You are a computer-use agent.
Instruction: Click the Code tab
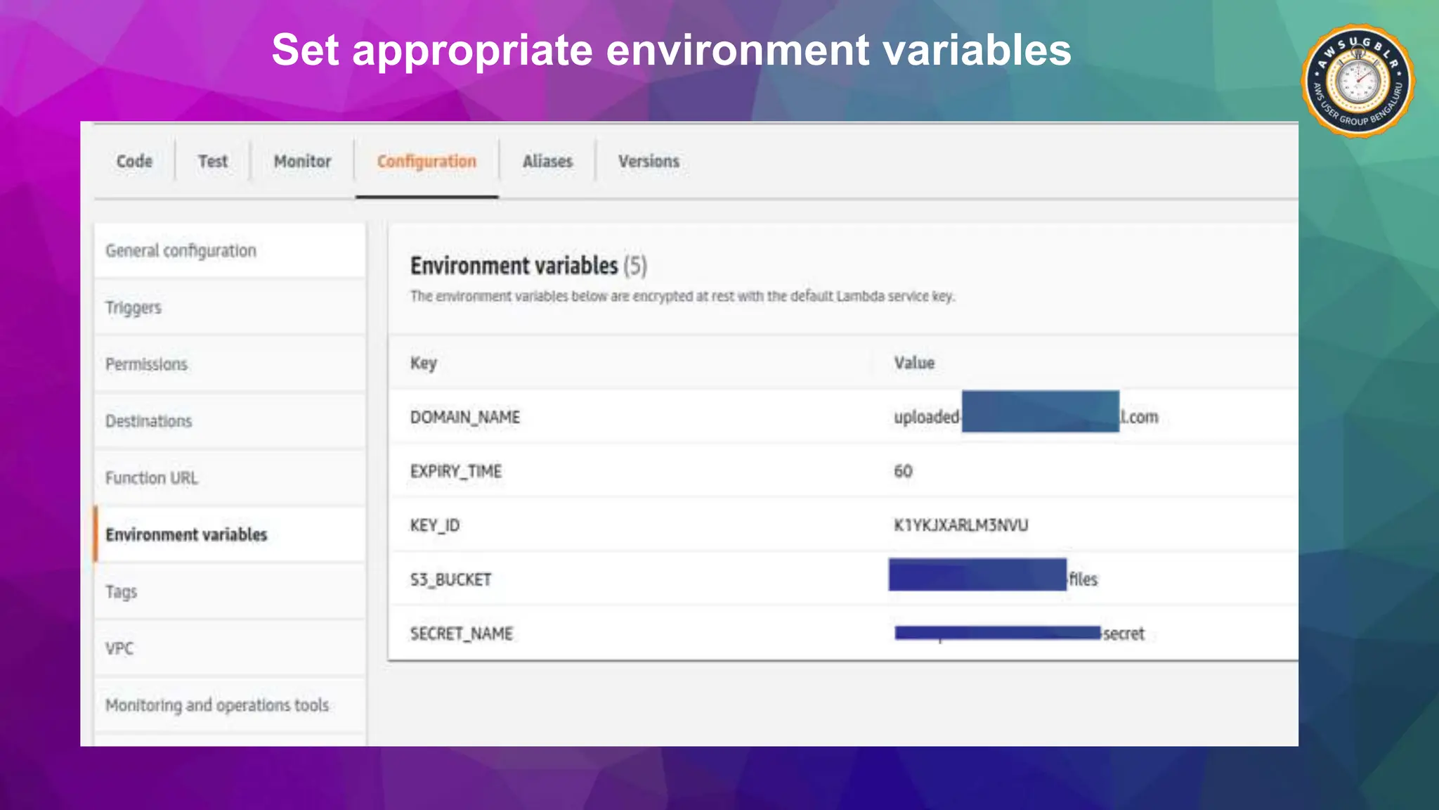click(134, 161)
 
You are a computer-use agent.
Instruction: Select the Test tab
click(212, 161)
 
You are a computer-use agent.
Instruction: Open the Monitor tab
click(302, 161)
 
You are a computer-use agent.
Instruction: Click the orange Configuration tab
click(427, 161)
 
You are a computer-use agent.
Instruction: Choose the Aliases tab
click(547, 161)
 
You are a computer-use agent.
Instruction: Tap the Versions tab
click(649, 161)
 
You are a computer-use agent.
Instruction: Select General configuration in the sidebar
click(181, 251)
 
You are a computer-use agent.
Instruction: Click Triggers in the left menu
click(134, 308)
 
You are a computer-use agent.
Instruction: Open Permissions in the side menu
click(146, 364)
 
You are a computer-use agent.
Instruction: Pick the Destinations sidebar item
click(148, 421)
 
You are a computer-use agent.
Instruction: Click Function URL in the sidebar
click(152, 478)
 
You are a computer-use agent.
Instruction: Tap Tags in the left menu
click(121, 591)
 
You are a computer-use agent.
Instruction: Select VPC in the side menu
click(119, 648)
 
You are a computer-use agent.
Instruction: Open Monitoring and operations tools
click(217, 705)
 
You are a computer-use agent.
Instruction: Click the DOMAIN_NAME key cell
click(465, 417)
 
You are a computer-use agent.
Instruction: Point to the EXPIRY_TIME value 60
click(903, 471)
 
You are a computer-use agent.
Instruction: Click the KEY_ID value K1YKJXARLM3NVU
click(961, 525)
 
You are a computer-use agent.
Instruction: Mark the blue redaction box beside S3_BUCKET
click(977, 574)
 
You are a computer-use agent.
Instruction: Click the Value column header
click(914, 363)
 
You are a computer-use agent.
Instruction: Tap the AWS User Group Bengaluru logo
click(1357, 82)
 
